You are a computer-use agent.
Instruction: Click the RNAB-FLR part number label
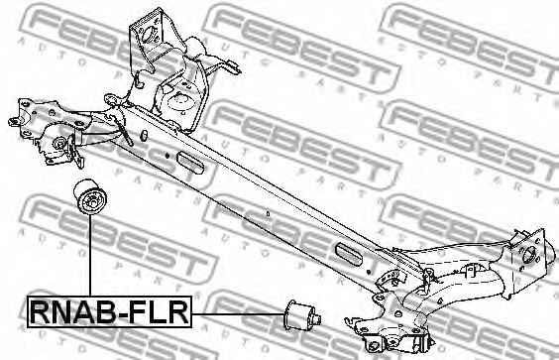(x=109, y=311)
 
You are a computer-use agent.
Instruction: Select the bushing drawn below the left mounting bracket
(x=90, y=196)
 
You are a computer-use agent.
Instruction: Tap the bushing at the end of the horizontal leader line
(x=302, y=314)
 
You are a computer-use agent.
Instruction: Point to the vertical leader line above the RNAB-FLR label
(x=90, y=256)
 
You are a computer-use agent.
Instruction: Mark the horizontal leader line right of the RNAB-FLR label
(x=238, y=314)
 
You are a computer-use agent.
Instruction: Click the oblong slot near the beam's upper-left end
(x=191, y=163)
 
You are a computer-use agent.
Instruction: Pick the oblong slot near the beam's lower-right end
(x=348, y=253)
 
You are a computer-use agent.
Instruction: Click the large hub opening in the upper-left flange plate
(x=149, y=34)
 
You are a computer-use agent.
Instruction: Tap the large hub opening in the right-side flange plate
(x=529, y=255)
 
